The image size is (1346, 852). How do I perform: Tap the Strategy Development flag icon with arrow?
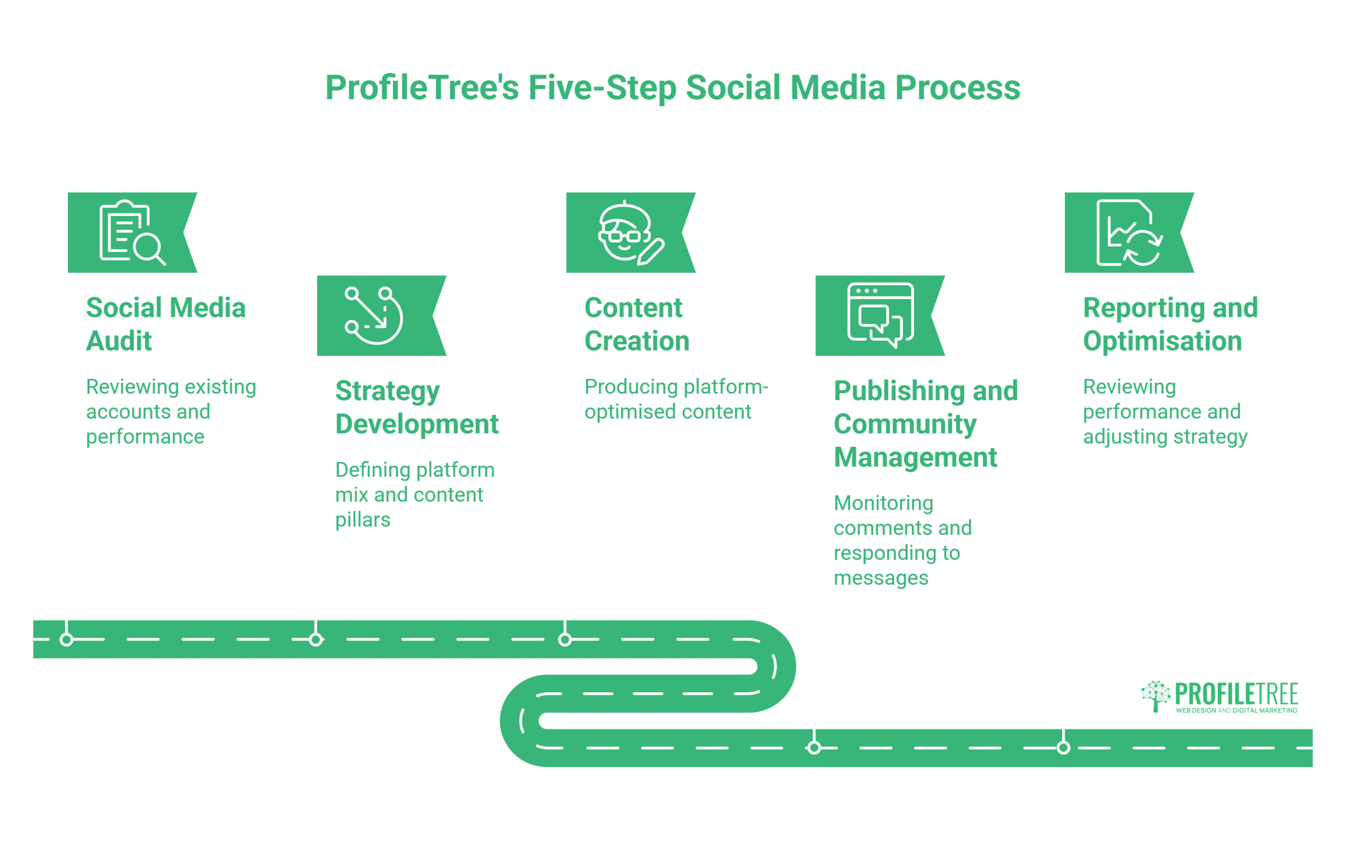point(373,315)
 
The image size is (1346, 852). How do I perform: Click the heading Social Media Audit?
point(166,324)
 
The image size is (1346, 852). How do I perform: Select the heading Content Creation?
point(636,324)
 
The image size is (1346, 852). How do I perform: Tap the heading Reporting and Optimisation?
point(1170,324)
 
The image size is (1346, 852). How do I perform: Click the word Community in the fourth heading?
point(904,424)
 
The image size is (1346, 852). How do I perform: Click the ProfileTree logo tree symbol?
point(1155,695)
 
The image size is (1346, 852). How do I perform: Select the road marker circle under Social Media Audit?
point(67,639)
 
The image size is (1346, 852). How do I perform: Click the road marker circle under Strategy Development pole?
point(316,639)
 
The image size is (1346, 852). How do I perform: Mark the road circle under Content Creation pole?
point(565,639)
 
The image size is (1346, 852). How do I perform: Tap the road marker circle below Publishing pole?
point(814,747)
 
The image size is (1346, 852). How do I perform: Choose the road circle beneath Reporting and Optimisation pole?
point(1063,747)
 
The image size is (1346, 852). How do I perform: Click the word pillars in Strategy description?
point(362,520)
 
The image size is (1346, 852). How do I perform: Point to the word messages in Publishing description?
point(880,578)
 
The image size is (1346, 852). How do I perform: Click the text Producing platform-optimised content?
point(675,399)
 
